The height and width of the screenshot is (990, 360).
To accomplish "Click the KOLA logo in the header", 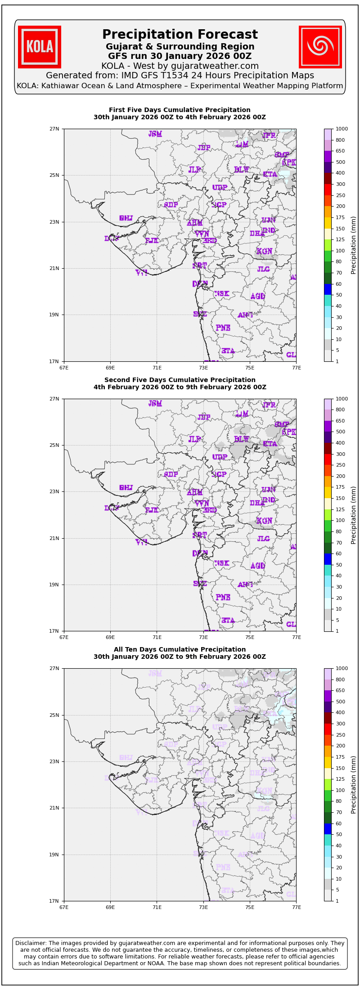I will pyautogui.click(x=40, y=47).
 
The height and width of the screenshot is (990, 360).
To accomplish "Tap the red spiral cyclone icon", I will pyautogui.click(x=320, y=47).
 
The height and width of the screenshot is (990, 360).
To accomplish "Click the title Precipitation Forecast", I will pyautogui.click(x=180, y=35).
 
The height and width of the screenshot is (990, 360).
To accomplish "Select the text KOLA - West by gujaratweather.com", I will pyautogui.click(x=180, y=66).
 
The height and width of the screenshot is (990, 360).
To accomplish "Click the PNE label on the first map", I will pyautogui.click(x=223, y=328).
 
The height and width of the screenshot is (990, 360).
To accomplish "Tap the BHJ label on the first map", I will pyautogui.click(x=126, y=218).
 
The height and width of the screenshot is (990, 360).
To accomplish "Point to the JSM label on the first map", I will pyautogui.click(x=155, y=134).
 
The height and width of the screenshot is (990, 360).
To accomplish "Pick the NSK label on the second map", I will pyautogui.click(x=221, y=563).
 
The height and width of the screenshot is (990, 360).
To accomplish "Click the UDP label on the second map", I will pyautogui.click(x=220, y=457).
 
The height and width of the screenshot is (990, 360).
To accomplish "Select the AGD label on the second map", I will pyautogui.click(x=258, y=566).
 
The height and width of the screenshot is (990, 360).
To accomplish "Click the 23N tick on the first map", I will pyautogui.click(x=54, y=222).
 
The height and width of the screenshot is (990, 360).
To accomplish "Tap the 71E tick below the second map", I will pyautogui.click(x=157, y=637).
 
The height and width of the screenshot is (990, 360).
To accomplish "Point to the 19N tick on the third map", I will pyautogui.click(x=54, y=855).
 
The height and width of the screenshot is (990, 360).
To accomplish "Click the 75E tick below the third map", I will pyautogui.click(x=250, y=907).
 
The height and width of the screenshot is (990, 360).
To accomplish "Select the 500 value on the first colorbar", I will pyautogui.click(x=340, y=162).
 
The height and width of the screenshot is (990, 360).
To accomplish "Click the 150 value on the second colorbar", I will pyautogui.click(x=340, y=498).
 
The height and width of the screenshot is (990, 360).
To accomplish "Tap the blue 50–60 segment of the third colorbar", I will pyautogui.click(x=328, y=828).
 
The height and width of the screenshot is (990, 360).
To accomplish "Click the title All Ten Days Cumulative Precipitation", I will pyautogui.click(x=180, y=649).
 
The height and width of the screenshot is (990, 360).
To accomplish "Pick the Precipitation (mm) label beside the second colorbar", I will pyautogui.click(x=354, y=515).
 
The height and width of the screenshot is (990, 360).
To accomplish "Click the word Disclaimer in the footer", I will pyautogui.click(x=31, y=943).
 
